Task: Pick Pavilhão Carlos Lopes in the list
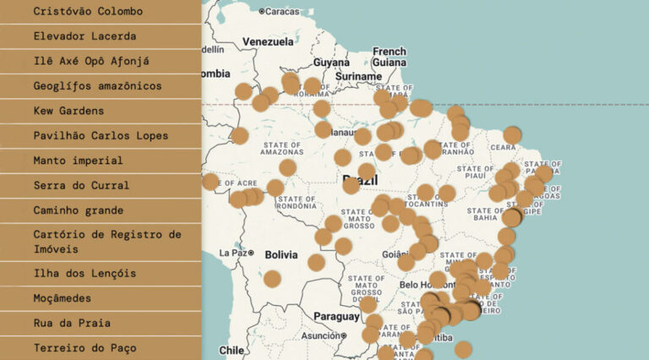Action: point(101,135)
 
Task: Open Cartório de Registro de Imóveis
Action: point(101,242)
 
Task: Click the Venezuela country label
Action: point(268,41)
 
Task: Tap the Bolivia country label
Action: point(281,254)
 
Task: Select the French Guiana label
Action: point(390,57)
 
